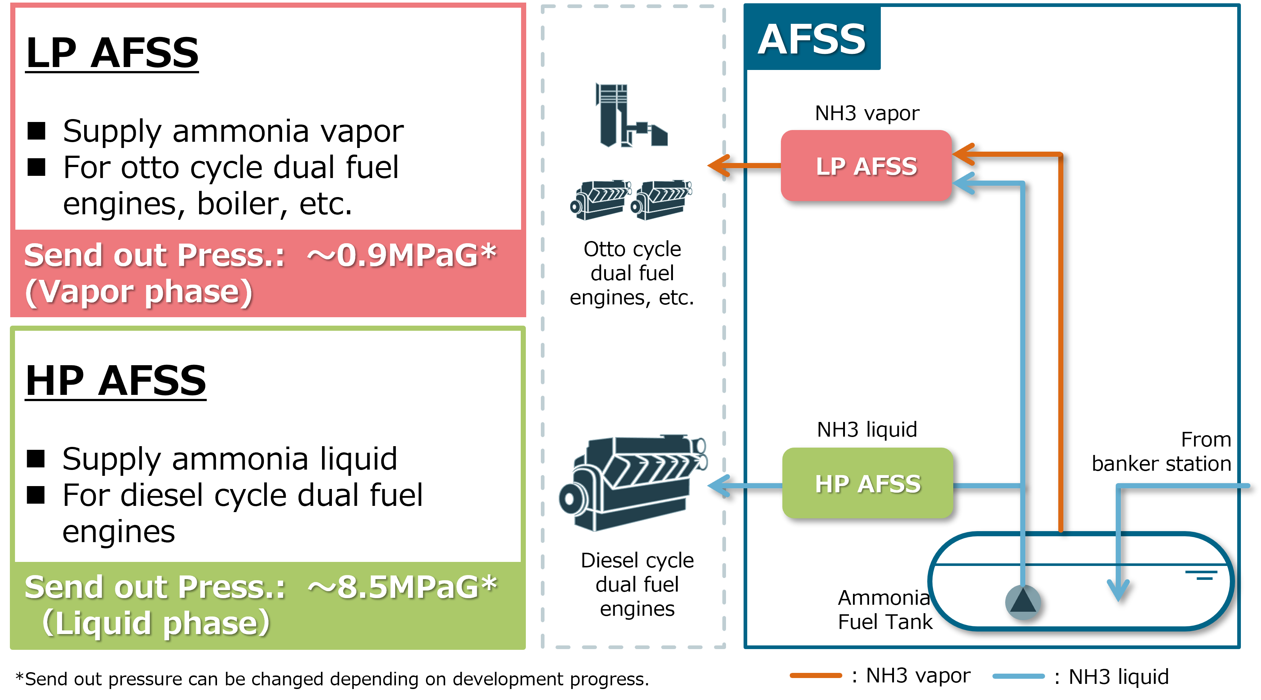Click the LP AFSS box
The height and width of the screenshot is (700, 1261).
(865, 166)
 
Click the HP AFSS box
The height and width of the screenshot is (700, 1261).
(867, 483)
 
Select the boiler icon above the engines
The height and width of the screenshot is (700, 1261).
(629, 116)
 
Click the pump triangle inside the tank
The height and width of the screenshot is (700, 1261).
(1023, 601)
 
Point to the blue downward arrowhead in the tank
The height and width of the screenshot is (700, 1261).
(1119, 590)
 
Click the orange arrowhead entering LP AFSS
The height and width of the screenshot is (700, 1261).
(962, 154)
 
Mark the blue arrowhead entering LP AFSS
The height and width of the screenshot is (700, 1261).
(962, 183)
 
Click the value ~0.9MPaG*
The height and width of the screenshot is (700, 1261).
(401, 255)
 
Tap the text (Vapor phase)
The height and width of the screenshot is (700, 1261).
(139, 292)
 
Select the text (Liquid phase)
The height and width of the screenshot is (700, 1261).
(156, 623)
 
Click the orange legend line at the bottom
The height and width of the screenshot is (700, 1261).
(816, 675)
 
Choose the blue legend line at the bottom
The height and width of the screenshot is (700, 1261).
(1018, 676)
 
